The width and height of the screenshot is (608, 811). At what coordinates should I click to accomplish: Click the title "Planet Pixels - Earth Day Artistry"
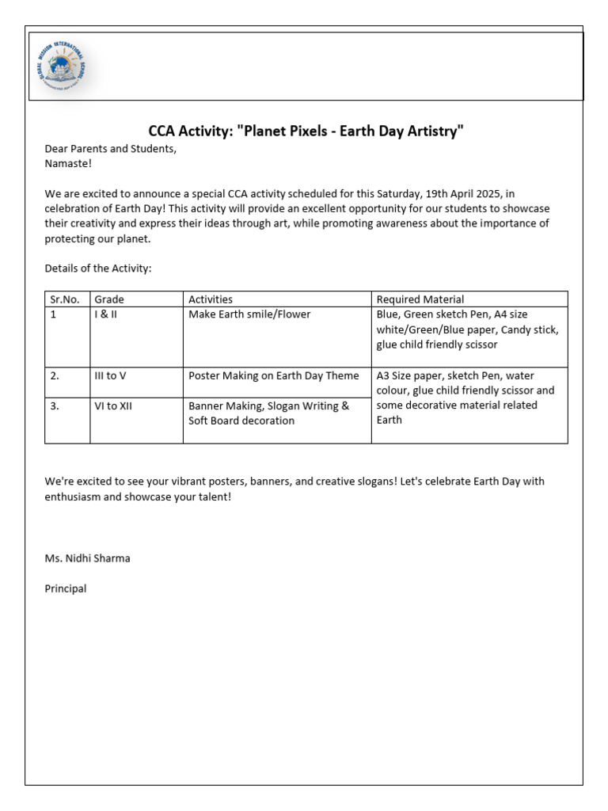[x=306, y=131]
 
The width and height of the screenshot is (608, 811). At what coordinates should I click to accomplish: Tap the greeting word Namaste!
[x=68, y=163]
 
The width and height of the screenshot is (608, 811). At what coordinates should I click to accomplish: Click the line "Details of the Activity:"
[x=97, y=268]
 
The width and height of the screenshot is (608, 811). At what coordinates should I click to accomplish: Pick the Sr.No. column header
[x=65, y=299]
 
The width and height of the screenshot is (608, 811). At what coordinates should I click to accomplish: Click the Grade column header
[x=109, y=299]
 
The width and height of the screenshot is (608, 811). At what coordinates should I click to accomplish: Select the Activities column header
[x=211, y=299]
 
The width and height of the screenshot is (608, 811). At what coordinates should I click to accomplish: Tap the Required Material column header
[x=420, y=299]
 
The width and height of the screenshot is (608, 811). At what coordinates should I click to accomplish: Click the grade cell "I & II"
[x=105, y=314]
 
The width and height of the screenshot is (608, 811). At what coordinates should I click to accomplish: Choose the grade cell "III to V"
[x=110, y=375]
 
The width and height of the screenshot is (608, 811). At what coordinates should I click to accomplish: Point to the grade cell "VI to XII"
[x=112, y=405]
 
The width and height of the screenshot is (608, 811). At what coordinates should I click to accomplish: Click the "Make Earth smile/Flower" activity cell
[x=249, y=314]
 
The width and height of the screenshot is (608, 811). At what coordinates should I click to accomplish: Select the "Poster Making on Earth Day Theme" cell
[x=273, y=375]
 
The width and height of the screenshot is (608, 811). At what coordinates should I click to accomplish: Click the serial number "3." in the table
[x=55, y=405]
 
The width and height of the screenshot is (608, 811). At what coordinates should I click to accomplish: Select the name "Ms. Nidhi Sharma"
[x=88, y=558]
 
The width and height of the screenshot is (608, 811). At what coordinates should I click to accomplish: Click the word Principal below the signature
[x=66, y=588]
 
